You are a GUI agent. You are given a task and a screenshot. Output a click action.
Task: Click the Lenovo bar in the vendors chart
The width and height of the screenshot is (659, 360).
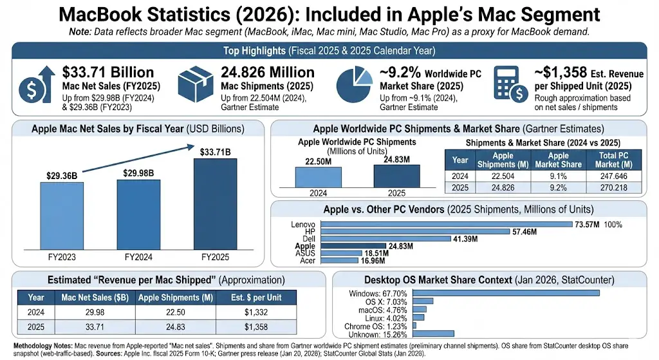pyautogui.click(x=446, y=224)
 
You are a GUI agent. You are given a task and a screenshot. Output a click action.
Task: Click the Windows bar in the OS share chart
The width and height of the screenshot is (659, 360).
pyautogui.click(x=505, y=292)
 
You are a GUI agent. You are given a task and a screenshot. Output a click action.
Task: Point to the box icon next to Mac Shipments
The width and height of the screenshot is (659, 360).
pyautogui.click(x=198, y=84)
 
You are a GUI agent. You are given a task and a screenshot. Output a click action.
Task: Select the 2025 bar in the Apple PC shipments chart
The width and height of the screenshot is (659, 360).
pyautogui.click(x=396, y=175)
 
